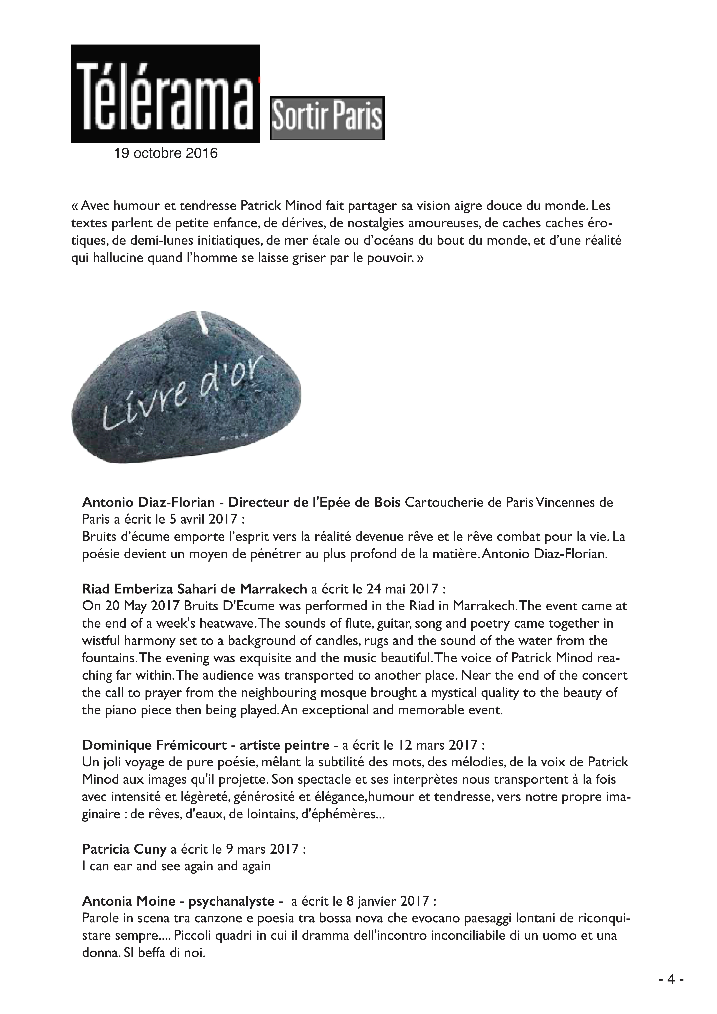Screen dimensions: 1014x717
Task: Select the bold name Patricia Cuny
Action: [124, 849]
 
